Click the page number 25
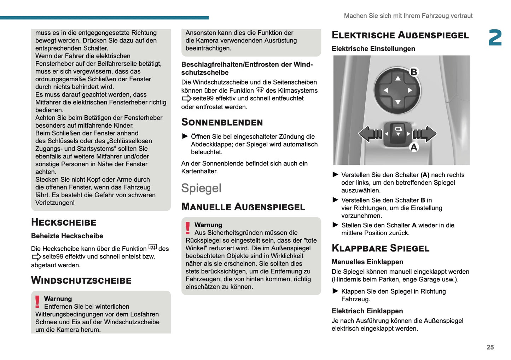490,347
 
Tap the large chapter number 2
495,38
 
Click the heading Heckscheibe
64,222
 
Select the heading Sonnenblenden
222,122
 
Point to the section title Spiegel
201,188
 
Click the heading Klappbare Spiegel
380,248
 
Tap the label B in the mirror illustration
413,72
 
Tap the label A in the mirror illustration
414,147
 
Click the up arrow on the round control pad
398,78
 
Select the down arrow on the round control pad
398,102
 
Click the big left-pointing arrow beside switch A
370,134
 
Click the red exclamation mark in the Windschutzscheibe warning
37,302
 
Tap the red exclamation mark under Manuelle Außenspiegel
188,228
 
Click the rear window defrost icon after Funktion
152,247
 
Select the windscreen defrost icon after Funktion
260,90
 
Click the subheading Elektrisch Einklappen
367,311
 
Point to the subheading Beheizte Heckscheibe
67,236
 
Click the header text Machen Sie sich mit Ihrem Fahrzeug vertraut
408,16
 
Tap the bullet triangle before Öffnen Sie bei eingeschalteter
185,136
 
